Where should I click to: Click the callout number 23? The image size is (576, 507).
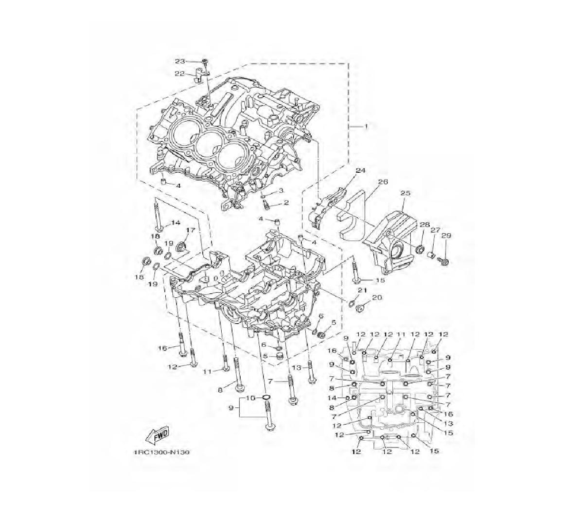pyautogui.click(x=180, y=61)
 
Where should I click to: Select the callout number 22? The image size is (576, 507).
pyautogui.click(x=180, y=74)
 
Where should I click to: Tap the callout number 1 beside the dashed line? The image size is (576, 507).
pyautogui.click(x=366, y=126)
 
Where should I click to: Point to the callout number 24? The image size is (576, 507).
pyautogui.click(x=361, y=171)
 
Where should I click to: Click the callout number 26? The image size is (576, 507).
pyautogui.click(x=383, y=181)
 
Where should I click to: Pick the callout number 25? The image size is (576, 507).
pyautogui.click(x=406, y=192)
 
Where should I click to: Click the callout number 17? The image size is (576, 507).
pyautogui.click(x=190, y=230)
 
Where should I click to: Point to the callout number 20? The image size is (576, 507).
pyautogui.click(x=377, y=297)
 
